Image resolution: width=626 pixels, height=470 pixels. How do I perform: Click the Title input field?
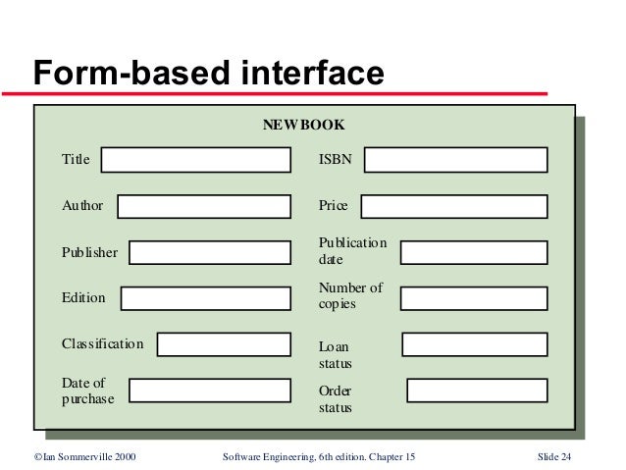pos(196,160)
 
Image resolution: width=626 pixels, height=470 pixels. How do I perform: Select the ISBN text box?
pos(456,160)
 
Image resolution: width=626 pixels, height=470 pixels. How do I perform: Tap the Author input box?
pos(204,206)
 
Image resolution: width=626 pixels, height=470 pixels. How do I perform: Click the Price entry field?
pos(454,206)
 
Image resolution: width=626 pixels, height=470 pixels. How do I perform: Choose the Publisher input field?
pos(210,252)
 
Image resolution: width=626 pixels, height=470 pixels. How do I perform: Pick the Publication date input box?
pos(474,252)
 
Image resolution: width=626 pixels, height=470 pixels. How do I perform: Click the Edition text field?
pos(206,298)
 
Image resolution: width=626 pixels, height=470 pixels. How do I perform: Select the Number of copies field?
pos(474,298)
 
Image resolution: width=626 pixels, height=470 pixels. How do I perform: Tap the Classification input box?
pos(224,344)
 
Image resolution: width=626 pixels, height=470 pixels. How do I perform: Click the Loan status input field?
pos(475,344)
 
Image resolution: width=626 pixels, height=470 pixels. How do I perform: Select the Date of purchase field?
pos(210,391)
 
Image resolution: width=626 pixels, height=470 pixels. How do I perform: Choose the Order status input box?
pos(477,391)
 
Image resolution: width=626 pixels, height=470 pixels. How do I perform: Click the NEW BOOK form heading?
pos(303,126)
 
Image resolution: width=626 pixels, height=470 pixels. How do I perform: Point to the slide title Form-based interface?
pos(208,73)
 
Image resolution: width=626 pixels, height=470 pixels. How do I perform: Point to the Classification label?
pos(102,344)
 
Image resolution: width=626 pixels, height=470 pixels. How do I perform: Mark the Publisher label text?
pos(89,252)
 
